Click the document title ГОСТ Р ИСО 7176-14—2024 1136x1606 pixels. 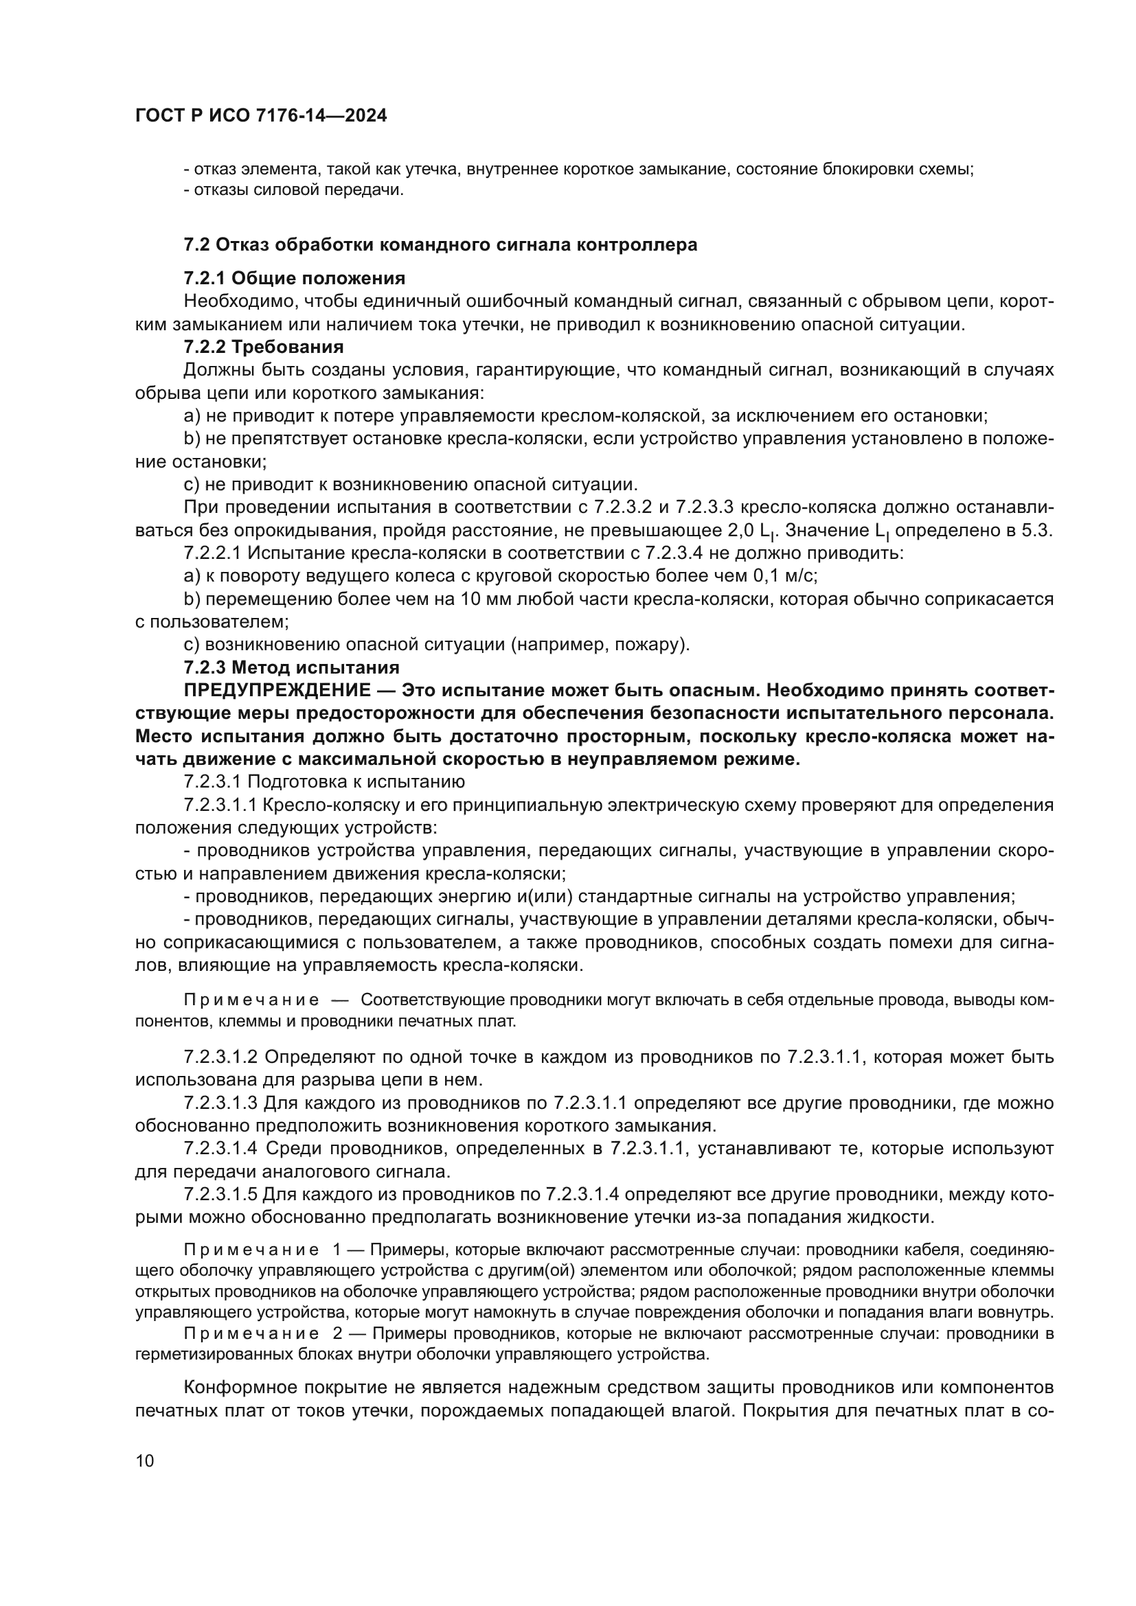pos(261,116)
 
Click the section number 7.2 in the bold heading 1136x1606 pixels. pos(196,245)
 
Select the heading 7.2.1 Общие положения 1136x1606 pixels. pos(295,278)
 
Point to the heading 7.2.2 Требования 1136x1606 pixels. pos(264,347)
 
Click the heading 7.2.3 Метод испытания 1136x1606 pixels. pos(292,667)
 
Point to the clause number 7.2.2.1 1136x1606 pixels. pos(213,553)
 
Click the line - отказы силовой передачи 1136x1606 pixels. pos(294,190)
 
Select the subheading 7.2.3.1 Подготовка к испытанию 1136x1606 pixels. pos(324,781)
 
